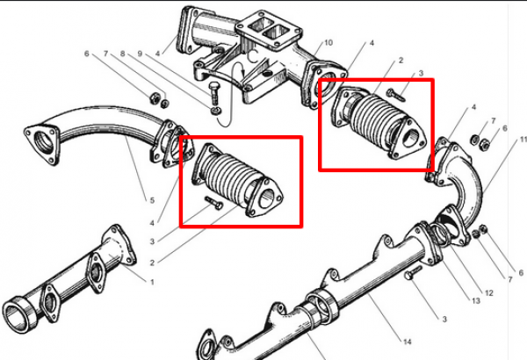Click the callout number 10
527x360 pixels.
point(328,43)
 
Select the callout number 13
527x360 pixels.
point(474,301)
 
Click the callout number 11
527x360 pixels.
point(521,140)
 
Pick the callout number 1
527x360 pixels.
point(152,282)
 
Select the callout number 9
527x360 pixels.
point(139,54)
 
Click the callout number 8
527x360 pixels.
point(123,54)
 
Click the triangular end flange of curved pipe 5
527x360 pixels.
point(40,142)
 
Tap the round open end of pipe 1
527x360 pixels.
point(19,313)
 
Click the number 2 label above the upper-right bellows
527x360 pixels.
point(401,61)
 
